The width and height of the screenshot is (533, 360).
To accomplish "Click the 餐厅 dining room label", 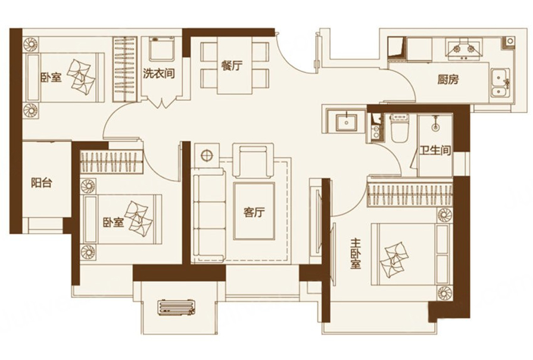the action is pyautogui.click(x=232, y=66).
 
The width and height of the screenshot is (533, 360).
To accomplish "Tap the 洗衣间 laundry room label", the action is pyautogui.click(x=159, y=73).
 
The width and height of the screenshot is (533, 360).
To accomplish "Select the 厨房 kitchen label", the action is pyautogui.click(x=448, y=79).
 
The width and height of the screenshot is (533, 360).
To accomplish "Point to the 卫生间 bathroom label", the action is pyautogui.click(x=435, y=150).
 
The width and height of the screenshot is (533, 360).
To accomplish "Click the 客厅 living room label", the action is pyautogui.click(x=254, y=213).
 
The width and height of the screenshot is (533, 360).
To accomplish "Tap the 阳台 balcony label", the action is pyautogui.click(x=42, y=183).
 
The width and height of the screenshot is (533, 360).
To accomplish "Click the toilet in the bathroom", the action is pyautogui.click(x=400, y=128).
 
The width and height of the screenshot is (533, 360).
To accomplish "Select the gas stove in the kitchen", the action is pyautogui.click(x=463, y=49).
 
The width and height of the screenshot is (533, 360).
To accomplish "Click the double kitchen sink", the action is pyautogui.click(x=500, y=83).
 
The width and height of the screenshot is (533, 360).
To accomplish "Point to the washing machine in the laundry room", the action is pyautogui.click(x=161, y=49).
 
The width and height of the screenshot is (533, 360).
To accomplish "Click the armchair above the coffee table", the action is pyautogui.click(x=253, y=160).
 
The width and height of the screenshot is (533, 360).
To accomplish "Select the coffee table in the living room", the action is pyautogui.click(x=254, y=211).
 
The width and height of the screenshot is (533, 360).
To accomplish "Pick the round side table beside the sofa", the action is pyautogui.click(x=207, y=156).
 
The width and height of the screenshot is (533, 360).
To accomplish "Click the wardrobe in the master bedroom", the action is pyautogui.click(x=410, y=195).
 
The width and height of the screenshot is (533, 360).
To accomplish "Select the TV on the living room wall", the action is pyautogui.click(x=319, y=221).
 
